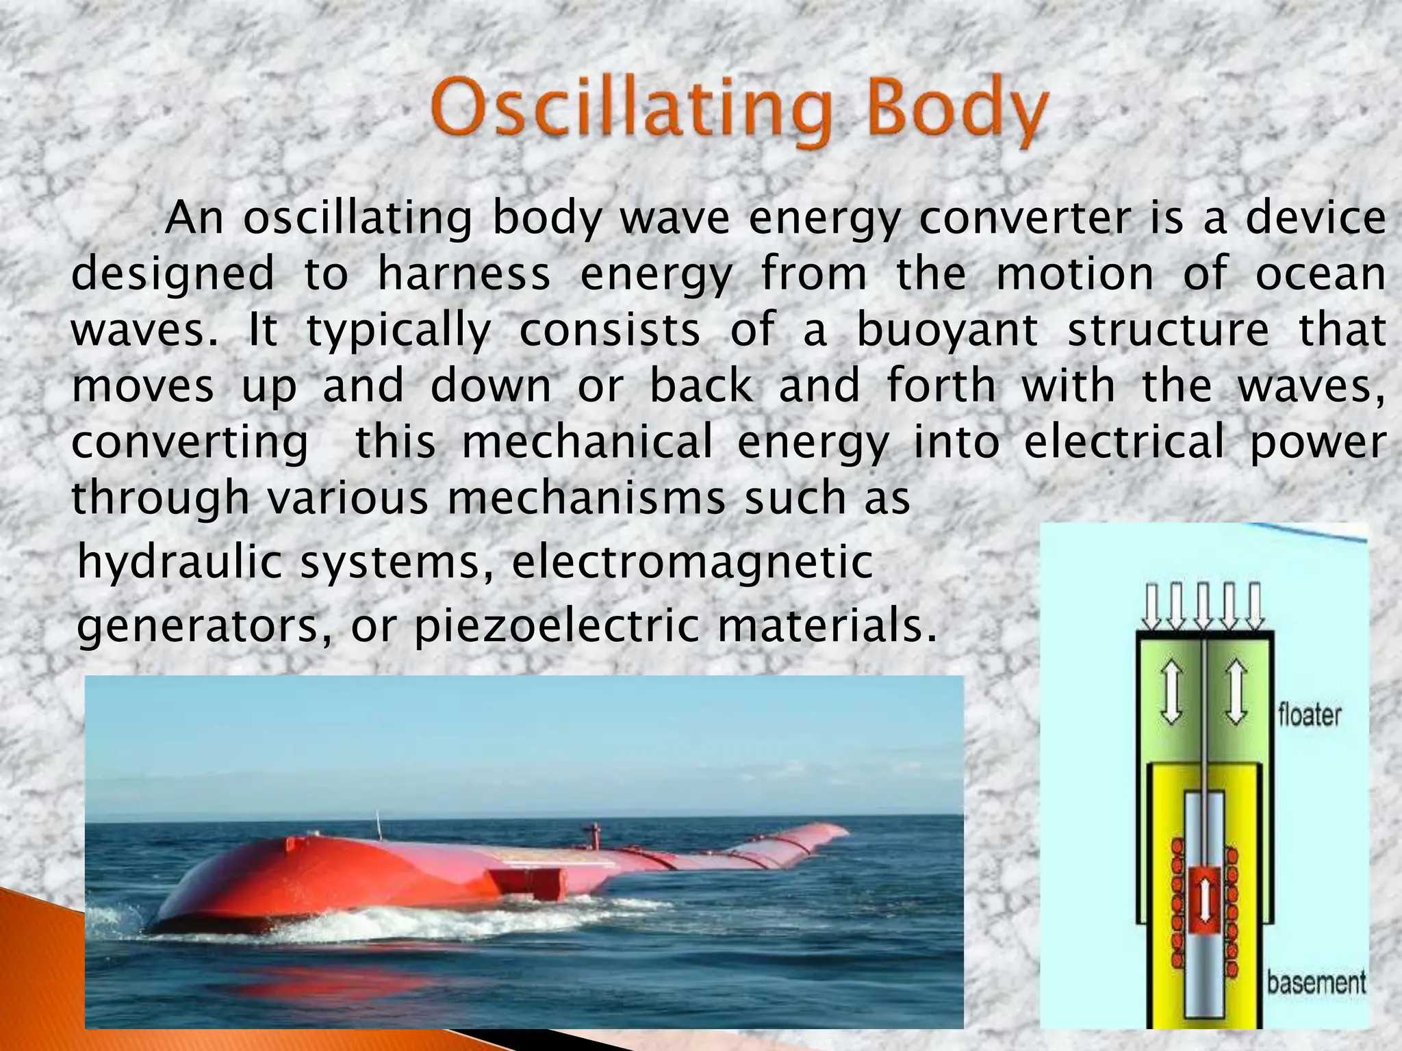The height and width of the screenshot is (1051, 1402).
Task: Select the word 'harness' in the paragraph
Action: [x=463, y=274]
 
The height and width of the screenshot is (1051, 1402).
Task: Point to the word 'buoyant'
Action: [x=947, y=331]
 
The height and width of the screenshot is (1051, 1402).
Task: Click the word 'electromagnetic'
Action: [x=692, y=562]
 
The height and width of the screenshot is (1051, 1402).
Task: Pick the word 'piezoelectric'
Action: [x=557, y=625]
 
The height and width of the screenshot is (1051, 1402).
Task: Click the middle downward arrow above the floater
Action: [x=1203, y=606]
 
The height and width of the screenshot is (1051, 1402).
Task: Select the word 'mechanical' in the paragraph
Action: [x=587, y=443]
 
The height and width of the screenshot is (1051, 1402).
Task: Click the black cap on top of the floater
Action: [x=1203, y=635]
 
